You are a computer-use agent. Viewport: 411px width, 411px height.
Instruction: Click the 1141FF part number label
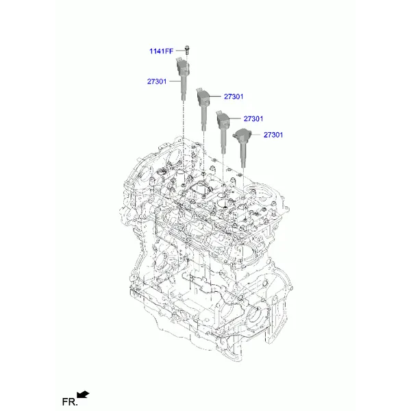161,51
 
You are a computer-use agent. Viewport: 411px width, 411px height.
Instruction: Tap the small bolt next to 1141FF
187,50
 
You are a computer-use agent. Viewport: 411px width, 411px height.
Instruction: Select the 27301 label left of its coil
157,82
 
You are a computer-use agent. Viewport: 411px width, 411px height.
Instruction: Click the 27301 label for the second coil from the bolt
234,97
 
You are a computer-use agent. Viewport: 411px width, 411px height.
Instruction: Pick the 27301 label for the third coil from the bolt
253,119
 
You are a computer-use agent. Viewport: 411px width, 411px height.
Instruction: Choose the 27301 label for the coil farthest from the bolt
273,135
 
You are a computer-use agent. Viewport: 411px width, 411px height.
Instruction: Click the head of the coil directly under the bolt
182,66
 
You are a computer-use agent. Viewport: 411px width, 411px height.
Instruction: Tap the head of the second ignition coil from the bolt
203,97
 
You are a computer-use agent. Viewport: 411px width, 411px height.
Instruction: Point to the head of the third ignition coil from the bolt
223,119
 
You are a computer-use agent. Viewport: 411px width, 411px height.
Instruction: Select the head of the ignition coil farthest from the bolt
242,135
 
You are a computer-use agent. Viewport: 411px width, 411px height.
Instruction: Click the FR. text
70,401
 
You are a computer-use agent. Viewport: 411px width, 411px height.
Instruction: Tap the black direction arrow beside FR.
83,395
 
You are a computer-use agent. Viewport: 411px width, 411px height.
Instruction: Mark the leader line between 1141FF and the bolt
180,51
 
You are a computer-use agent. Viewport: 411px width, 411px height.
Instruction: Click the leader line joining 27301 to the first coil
175,82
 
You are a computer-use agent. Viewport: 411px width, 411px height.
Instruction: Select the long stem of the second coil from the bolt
203,118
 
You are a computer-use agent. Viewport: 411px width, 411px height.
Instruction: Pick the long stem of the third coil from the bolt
223,140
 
